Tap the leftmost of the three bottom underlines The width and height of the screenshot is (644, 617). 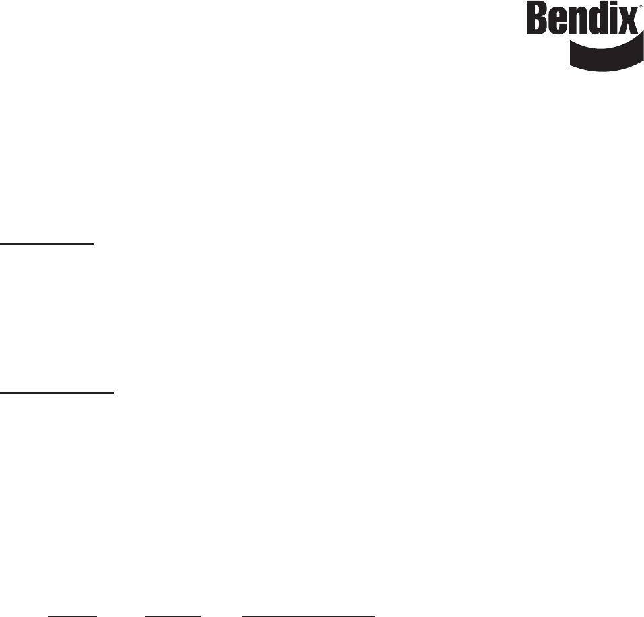73,596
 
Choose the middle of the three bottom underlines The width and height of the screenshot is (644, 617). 173,596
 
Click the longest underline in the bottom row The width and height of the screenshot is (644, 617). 308,596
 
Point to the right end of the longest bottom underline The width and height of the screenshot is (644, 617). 374,596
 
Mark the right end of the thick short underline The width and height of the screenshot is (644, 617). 94,243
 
